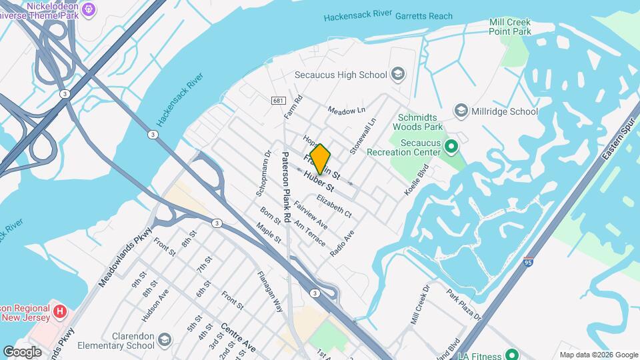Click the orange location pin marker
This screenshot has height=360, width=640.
point(320,159)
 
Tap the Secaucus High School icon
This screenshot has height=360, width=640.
point(399,73)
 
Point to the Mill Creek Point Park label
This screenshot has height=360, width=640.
point(509,25)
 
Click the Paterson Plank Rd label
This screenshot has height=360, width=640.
point(285,187)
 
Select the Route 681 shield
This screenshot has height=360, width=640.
point(277,101)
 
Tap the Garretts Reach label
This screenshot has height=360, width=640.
point(424,16)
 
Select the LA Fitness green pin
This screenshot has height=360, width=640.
point(511,354)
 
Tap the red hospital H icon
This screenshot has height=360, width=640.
point(60,311)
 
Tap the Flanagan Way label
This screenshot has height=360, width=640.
point(270,291)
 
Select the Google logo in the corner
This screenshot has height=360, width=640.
point(23,351)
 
